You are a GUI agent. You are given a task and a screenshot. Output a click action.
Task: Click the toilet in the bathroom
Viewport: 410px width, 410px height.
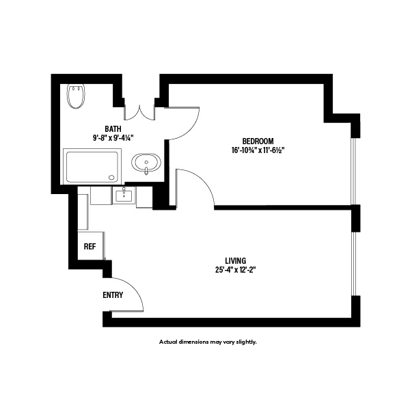tap(76, 96)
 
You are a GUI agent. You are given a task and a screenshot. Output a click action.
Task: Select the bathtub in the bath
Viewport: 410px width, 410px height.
tap(92, 166)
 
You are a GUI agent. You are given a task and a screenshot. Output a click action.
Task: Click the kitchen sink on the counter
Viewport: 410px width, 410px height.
tap(124, 196)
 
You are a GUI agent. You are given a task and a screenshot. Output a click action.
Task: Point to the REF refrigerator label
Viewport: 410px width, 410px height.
tap(90, 247)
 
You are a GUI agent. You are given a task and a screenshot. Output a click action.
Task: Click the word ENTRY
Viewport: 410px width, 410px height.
tap(113, 295)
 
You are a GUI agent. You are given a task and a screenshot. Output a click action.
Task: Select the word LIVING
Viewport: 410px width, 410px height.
tap(235, 260)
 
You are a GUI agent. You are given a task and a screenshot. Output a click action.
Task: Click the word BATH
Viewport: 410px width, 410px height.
tap(113, 129)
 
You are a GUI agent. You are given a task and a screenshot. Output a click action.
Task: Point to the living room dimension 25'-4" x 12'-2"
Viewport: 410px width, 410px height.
tap(235, 270)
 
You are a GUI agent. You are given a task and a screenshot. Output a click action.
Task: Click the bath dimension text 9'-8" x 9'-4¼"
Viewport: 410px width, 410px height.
tap(113, 138)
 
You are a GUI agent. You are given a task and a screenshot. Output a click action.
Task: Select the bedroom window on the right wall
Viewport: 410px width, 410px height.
tap(354, 171)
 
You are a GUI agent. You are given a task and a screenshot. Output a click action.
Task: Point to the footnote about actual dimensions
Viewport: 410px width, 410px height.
tap(208, 342)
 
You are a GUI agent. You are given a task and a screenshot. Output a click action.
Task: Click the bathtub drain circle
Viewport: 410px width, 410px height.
tap(112, 177)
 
